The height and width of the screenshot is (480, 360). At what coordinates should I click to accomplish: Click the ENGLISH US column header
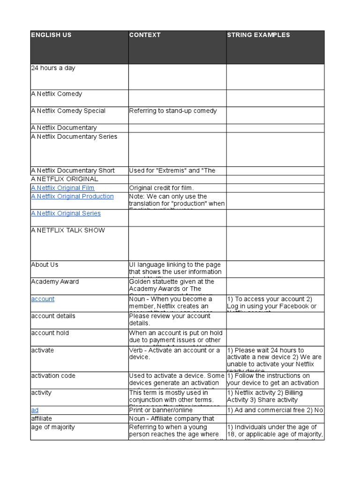click(52, 35)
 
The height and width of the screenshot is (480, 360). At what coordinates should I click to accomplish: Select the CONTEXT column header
click(145, 35)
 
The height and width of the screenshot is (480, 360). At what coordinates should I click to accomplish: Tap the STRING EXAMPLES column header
click(258, 35)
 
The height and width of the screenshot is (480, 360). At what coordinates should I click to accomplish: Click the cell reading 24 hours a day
click(53, 68)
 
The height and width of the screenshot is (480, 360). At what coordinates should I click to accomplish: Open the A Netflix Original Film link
click(62, 188)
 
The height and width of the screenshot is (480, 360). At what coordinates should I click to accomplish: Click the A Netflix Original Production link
click(72, 196)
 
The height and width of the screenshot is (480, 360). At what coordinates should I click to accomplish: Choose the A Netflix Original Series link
click(66, 213)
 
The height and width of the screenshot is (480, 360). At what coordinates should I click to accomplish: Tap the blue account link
click(43, 299)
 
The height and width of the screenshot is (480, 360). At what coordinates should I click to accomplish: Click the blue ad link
click(35, 410)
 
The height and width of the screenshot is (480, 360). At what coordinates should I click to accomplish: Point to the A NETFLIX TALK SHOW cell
click(68, 231)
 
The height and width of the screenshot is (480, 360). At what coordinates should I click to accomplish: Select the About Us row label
click(45, 265)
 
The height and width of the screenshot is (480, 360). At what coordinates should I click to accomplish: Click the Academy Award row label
click(55, 282)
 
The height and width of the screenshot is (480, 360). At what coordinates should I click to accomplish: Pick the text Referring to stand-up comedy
click(173, 111)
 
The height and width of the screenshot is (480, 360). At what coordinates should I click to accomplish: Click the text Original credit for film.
click(161, 188)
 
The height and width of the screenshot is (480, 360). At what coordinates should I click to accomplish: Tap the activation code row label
click(53, 376)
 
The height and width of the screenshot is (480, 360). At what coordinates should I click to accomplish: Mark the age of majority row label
click(52, 427)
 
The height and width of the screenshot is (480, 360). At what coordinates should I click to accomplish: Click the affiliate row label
click(42, 419)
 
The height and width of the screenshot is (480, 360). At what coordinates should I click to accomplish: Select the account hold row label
click(50, 333)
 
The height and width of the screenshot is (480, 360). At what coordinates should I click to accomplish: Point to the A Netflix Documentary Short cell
click(73, 171)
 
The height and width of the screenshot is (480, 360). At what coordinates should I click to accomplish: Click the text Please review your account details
click(170, 319)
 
